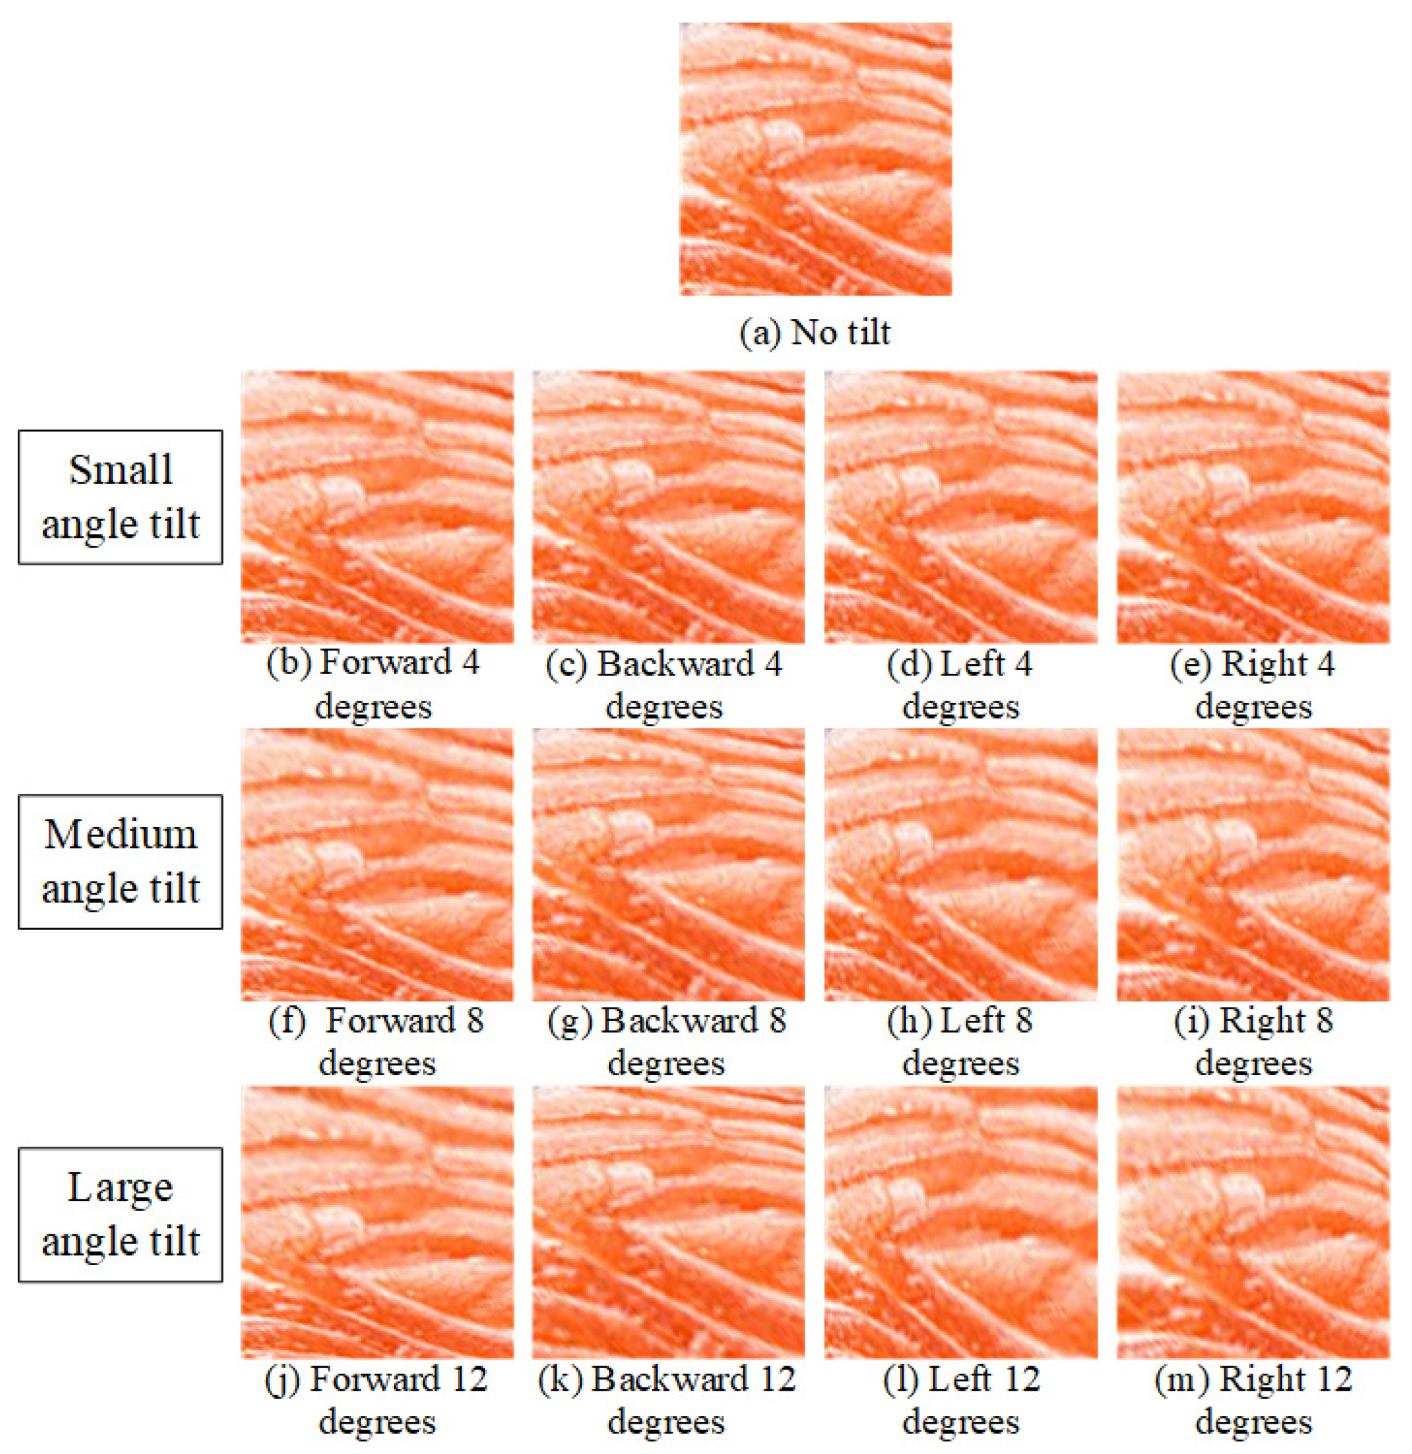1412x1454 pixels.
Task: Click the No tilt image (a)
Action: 815,159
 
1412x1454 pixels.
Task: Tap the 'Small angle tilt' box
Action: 120,497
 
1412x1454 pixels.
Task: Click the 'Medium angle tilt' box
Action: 120,861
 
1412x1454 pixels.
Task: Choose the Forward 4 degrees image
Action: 377,506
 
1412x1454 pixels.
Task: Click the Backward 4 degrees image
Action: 668,506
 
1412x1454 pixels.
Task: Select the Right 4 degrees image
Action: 1253,506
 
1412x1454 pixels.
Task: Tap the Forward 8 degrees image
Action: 377,864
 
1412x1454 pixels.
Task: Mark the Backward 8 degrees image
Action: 668,864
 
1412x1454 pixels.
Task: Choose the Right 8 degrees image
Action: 1253,864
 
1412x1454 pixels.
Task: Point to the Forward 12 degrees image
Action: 377,1222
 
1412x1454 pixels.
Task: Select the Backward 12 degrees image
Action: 668,1222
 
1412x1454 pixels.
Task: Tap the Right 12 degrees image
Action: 1253,1222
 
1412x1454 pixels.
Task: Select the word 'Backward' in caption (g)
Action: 679,1021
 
